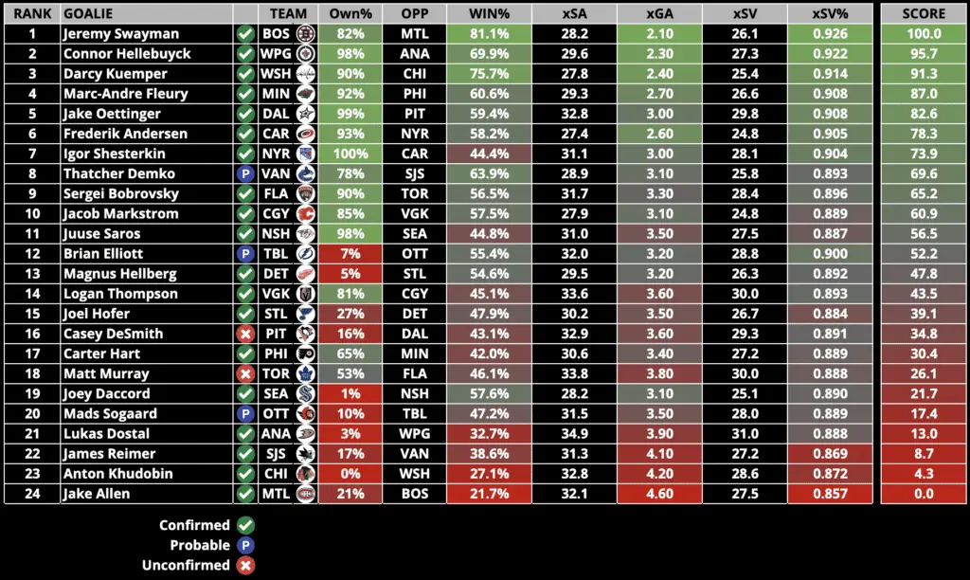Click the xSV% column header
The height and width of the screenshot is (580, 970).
pos(830,14)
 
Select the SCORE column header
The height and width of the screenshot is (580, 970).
pos(925,14)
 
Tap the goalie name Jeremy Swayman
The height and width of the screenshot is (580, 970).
pos(120,34)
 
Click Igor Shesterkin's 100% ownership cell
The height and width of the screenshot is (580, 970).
pos(350,154)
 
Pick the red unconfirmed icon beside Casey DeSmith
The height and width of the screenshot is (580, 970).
pos(245,334)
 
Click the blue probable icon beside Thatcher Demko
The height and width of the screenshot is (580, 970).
pos(245,173)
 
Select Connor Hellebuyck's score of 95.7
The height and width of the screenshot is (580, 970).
pos(925,54)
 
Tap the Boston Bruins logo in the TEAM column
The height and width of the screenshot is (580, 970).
pos(305,34)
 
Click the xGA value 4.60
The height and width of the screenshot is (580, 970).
pos(660,494)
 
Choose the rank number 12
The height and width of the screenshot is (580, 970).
pos(31,254)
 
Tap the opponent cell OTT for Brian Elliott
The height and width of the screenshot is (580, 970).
pos(414,254)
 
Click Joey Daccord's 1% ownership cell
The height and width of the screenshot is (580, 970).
pos(350,393)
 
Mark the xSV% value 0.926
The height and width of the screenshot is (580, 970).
pos(830,34)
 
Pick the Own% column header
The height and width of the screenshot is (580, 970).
pos(350,14)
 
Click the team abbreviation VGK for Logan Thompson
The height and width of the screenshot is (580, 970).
pos(275,294)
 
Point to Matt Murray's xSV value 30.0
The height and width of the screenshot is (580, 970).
pos(745,373)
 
